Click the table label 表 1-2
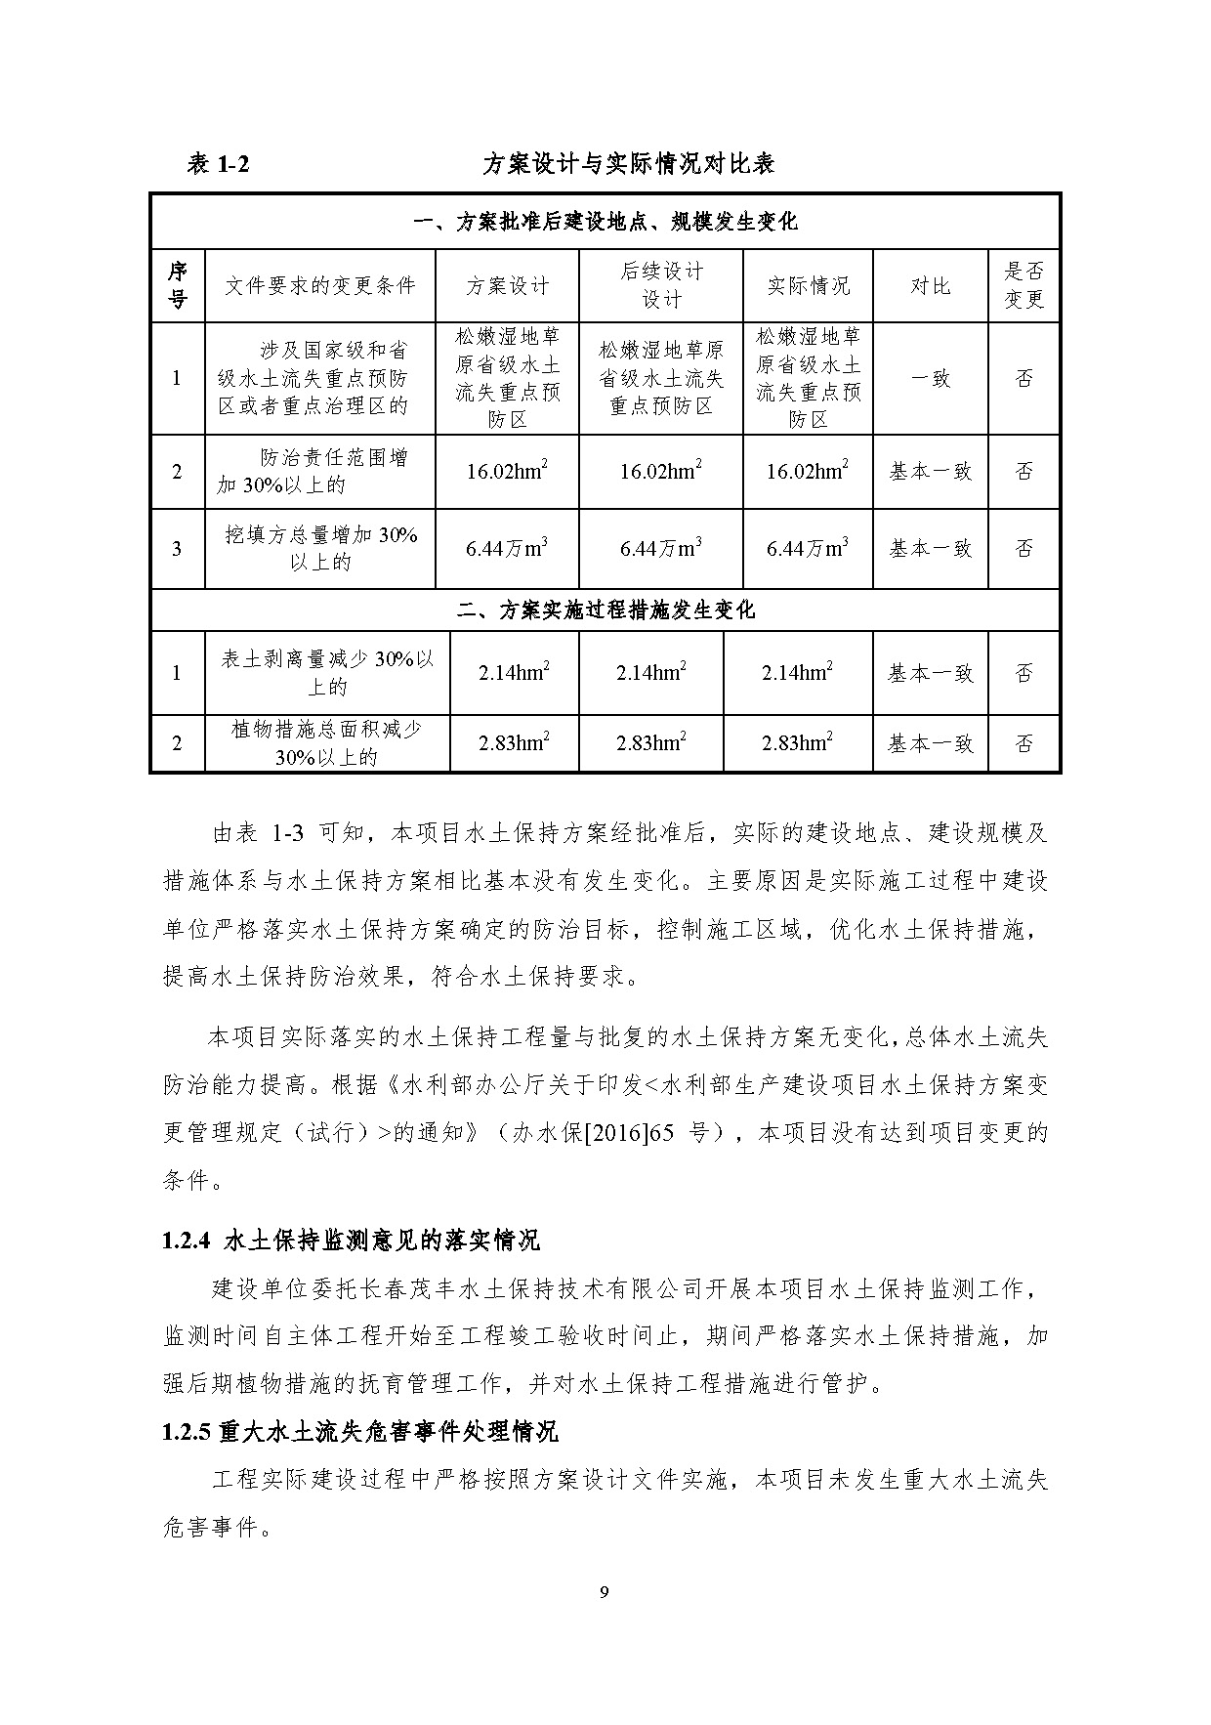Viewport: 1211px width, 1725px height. (x=218, y=164)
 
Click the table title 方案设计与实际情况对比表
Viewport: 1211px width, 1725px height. (x=628, y=164)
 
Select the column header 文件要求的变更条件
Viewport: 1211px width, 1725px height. (x=319, y=285)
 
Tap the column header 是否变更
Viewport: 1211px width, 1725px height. (x=1023, y=285)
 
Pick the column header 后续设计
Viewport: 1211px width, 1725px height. (x=661, y=285)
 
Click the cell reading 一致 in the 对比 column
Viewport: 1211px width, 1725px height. (x=930, y=378)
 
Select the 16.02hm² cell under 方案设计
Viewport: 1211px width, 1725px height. (x=507, y=472)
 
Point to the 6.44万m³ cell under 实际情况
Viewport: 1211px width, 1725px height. (x=807, y=548)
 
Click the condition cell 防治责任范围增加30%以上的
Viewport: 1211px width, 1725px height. (x=319, y=471)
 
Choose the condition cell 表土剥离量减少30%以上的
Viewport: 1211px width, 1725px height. (x=327, y=672)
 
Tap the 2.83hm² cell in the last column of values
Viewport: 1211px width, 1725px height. (x=797, y=743)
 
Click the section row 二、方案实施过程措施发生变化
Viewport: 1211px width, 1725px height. (x=605, y=610)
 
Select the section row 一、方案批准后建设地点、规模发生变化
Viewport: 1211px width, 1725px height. (x=605, y=222)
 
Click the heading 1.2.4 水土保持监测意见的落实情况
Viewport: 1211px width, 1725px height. (x=352, y=1241)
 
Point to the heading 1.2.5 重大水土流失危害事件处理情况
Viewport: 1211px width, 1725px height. (x=360, y=1433)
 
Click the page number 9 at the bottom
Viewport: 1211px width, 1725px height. (x=605, y=1593)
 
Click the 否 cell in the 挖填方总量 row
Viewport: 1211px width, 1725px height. (x=1023, y=548)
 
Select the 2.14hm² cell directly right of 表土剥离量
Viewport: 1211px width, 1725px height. (x=514, y=672)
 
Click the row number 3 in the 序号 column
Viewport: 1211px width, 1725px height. (x=177, y=548)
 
